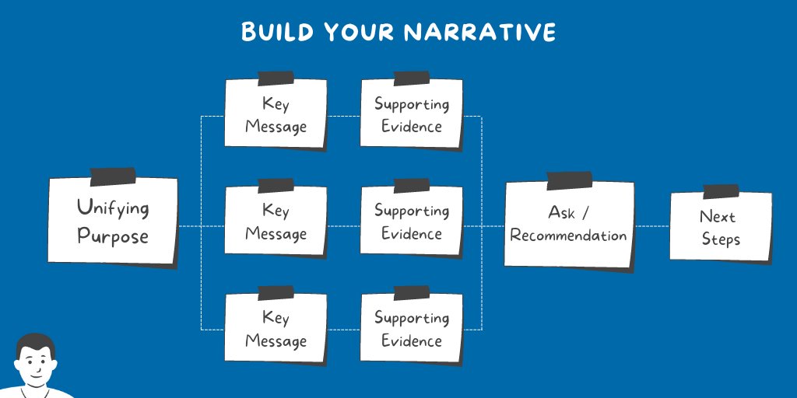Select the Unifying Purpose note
click(113, 222)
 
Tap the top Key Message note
click(276, 113)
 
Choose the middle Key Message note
click(276, 221)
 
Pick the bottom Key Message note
click(276, 328)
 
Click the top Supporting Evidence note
click(411, 113)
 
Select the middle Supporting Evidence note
click(411, 221)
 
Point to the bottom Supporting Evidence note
click(411, 328)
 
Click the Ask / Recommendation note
click(568, 224)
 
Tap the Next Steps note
click(720, 227)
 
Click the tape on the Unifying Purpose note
click(113, 176)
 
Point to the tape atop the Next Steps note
click(721, 191)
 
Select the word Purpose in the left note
click(113, 235)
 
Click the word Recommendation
click(568, 235)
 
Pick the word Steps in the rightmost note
click(721, 239)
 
